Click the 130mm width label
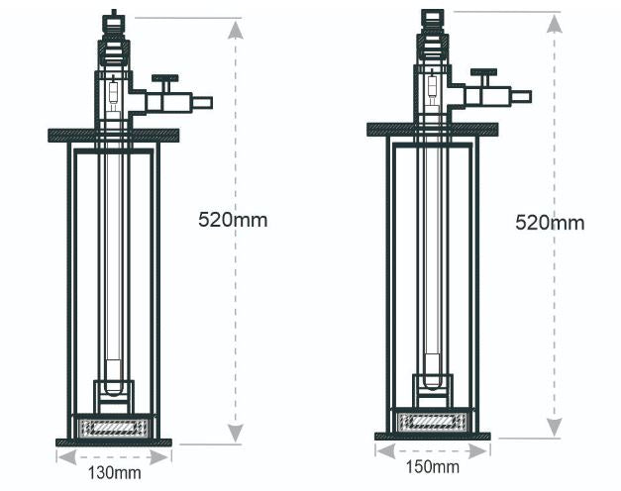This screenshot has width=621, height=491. (x=114, y=473)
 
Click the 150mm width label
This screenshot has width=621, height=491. (x=432, y=466)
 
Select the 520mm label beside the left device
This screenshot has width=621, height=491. (x=233, y=219)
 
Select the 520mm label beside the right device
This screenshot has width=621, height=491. (x=550, y=222)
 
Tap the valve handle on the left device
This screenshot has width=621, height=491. (x=163, y=78)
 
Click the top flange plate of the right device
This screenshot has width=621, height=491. (x=432, y=129)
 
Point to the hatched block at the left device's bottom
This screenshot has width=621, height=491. (x=113, y=427)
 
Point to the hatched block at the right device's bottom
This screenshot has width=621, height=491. (x=432, y=421)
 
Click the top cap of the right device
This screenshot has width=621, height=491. (x=432, y=16)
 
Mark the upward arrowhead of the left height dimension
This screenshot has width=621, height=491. (x=235, y=28)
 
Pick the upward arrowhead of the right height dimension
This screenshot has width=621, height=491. (x=555, y=24)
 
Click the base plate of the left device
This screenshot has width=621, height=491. (x=113, y=442)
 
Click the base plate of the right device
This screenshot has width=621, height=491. (x=432, y=436)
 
